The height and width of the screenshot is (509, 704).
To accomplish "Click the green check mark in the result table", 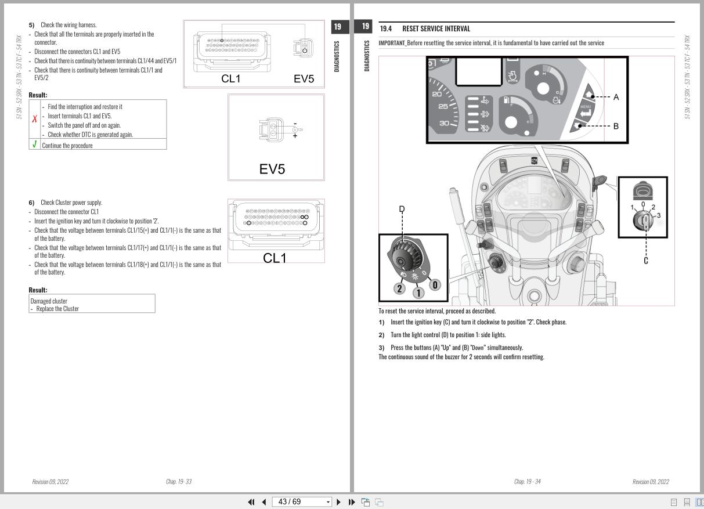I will pos(35,145).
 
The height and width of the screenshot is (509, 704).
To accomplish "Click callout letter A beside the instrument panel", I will pos(616,97).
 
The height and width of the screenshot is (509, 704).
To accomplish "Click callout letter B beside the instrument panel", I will pos(616,125).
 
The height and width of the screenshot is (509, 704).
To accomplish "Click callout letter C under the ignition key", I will pos(645,261).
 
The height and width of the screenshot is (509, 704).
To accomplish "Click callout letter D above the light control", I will pos(402,209).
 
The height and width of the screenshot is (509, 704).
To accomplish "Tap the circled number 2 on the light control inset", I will pos(399,288).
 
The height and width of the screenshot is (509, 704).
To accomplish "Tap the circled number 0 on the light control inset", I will pos(435,284).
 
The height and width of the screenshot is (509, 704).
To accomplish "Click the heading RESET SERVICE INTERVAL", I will pos(436,28).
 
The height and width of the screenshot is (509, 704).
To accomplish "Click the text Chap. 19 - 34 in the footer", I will pos(527,482).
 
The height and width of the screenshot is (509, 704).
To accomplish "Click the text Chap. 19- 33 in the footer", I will pos(178,482).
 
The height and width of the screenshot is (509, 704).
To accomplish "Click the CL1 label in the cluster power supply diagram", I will pos(275,258).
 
